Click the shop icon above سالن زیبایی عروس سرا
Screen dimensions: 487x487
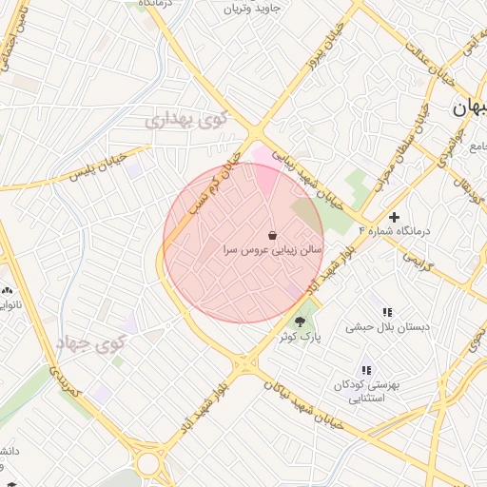273,235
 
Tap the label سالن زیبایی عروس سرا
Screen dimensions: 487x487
271,251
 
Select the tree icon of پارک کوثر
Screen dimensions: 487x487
302,322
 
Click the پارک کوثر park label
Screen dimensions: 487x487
302,338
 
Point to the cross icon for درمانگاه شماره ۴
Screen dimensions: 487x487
395,218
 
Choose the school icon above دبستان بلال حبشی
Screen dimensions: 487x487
387,312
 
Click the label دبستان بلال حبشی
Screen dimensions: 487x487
387,326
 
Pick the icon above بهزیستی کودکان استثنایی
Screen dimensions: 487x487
366,370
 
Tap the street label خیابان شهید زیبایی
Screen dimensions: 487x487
306,176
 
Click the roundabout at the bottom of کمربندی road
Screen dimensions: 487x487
148,463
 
